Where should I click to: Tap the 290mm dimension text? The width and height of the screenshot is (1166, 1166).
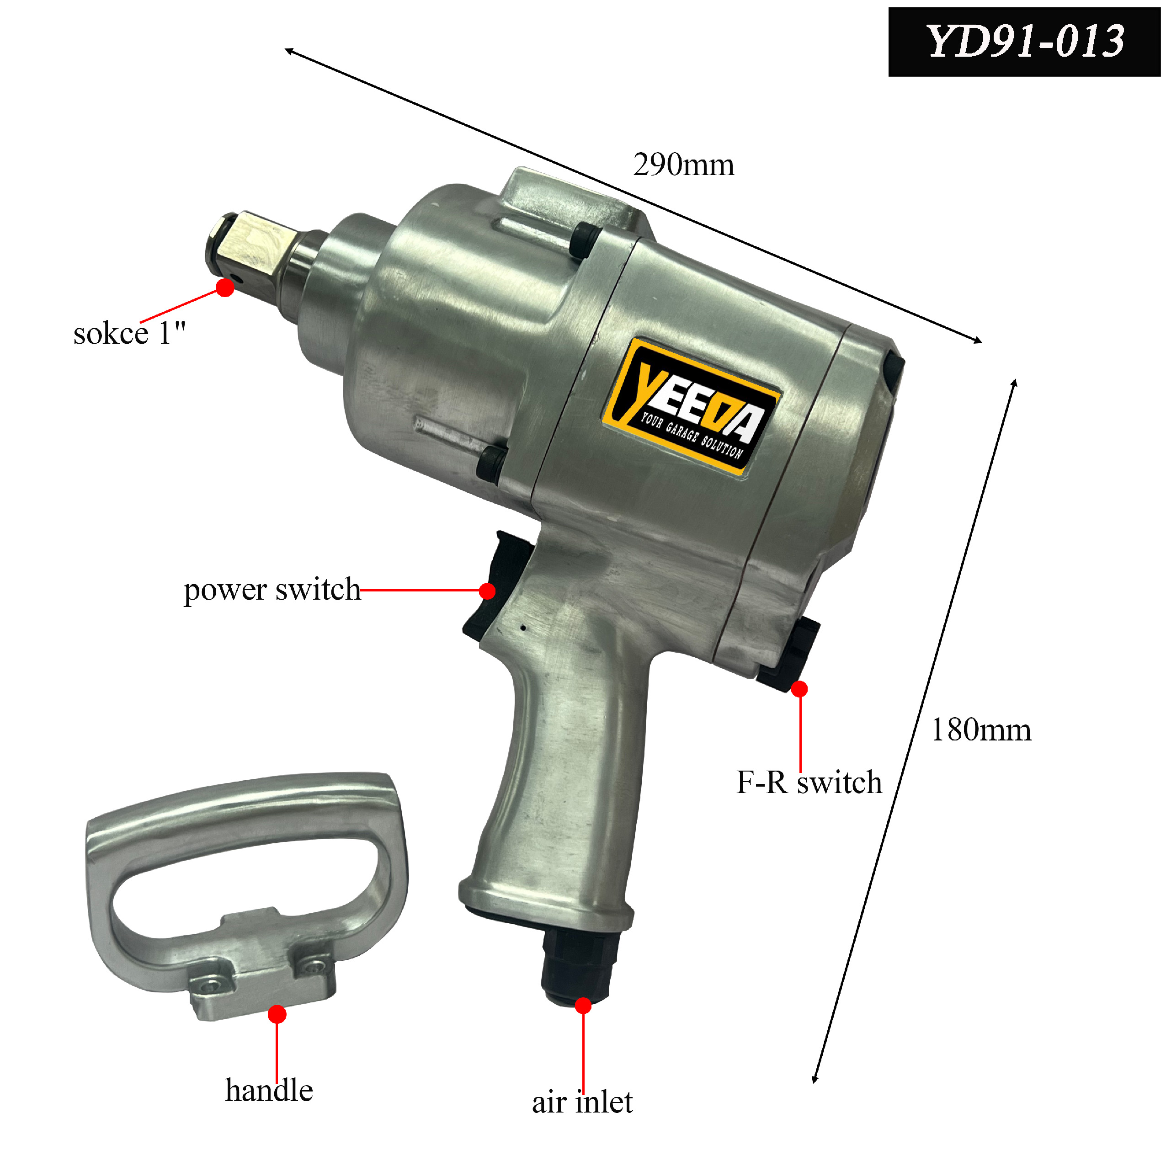coord(683,165)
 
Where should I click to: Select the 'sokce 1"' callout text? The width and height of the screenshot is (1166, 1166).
coord(129,333)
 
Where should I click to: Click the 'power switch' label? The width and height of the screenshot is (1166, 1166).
coord(272,590)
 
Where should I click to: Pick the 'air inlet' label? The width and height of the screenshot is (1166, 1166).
coord(582,1102)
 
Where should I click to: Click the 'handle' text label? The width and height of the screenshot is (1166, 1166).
coord(269,1091)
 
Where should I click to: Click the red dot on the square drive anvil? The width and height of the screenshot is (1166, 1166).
coord(225,288)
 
